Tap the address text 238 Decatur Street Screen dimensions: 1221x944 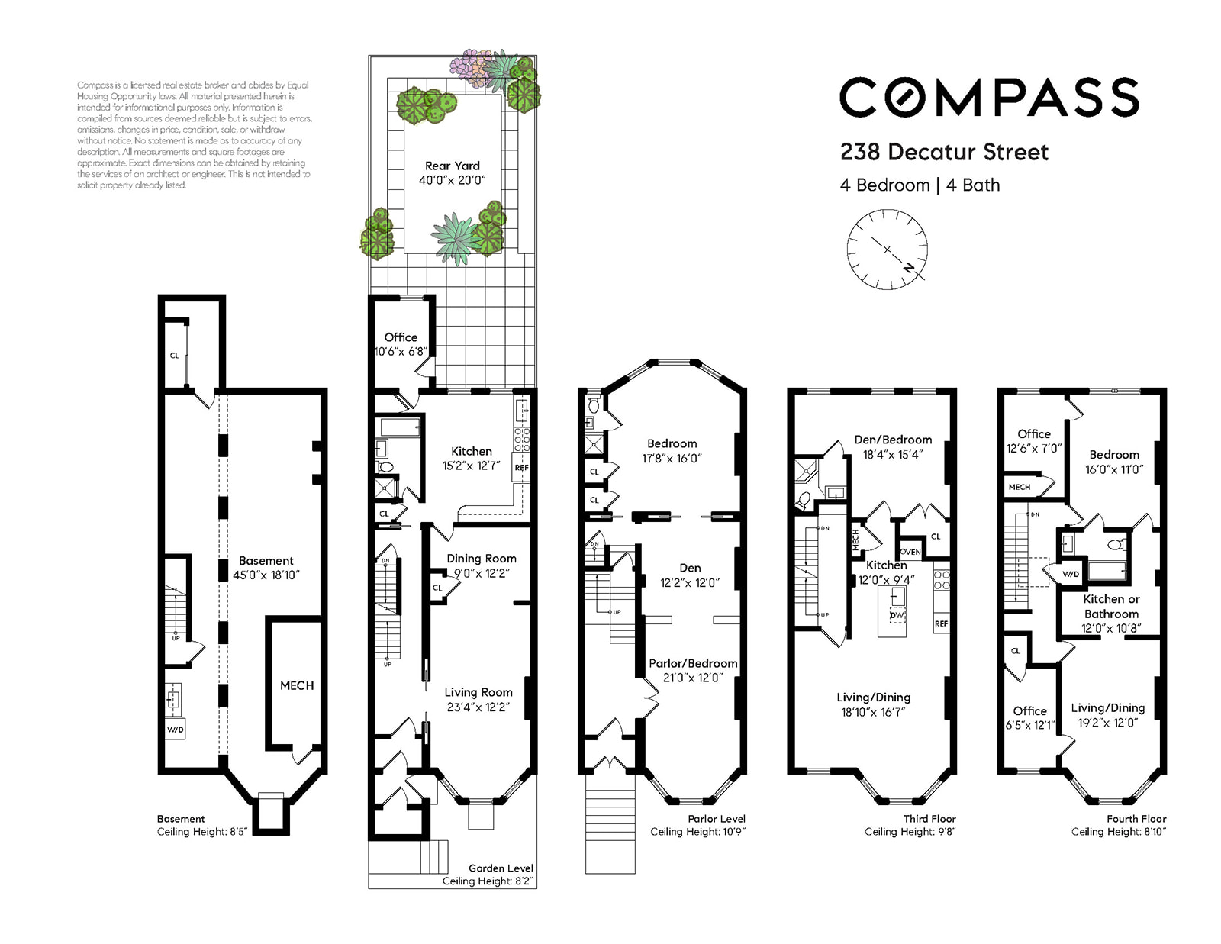click(x=944, y=153)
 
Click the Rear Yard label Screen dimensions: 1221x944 click(x=453, y=166)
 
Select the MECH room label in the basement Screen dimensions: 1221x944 click(x=297, y=685)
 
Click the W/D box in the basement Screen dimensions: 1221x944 click(x=176, y=730)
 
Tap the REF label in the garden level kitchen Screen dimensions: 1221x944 click(x=521, y=468)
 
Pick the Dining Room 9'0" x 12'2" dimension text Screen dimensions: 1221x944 click(x=482, y=573)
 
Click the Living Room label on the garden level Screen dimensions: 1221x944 click(x=478, y=692)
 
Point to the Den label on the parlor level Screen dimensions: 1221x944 click(x=690, y=568)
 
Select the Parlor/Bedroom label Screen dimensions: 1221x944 click(x=693, y=663)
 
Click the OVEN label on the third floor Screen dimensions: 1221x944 click(x=910, y=552)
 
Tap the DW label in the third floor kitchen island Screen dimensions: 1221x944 click(x=897, y=615)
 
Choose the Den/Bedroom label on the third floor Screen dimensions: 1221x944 click(x=893, y=440)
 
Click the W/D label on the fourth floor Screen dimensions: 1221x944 click(x=1071, y=575)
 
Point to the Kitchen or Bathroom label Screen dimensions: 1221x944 click(x=1111, y=606)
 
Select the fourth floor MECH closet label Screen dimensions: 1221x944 click(x=1020, y=487)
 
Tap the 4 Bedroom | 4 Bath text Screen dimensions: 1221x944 click(x=920, y=185)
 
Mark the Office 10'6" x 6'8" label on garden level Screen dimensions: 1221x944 click(x=401, y=344)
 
